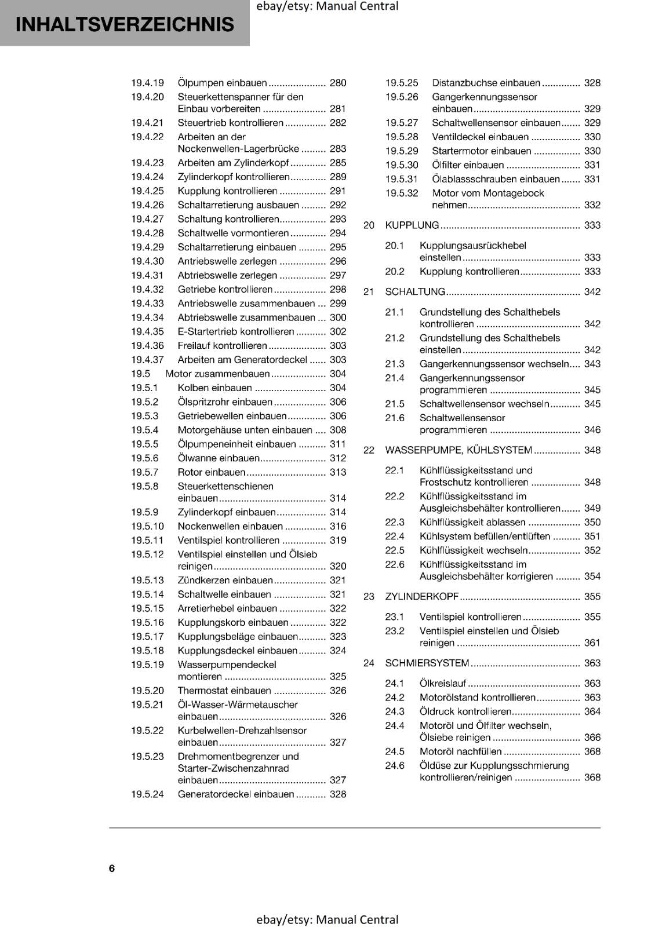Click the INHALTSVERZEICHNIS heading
tap(125, 24)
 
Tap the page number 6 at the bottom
tap(112, 868)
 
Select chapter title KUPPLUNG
tap(412, 225)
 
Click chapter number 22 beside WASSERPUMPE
tap(369, 450)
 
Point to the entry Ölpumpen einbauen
tap(222, 83)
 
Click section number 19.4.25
tap(147, 191)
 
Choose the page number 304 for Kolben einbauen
tap(337, 388)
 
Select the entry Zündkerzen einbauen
tap(225, 581)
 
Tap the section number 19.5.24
tap(147, 794)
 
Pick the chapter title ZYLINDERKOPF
tap(422, 597)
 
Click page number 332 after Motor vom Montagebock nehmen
tap(592, 205)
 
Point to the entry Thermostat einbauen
tap(224, 691)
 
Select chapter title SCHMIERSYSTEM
tap(427, 663)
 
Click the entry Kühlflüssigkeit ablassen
tap(472, 523)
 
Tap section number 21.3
tap(395, 364)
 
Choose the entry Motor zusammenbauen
tap(218, 374)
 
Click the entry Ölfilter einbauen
tap(468, 165)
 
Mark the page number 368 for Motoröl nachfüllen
tap(592, 752)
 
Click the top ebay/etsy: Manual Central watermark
tap(327, 6)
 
